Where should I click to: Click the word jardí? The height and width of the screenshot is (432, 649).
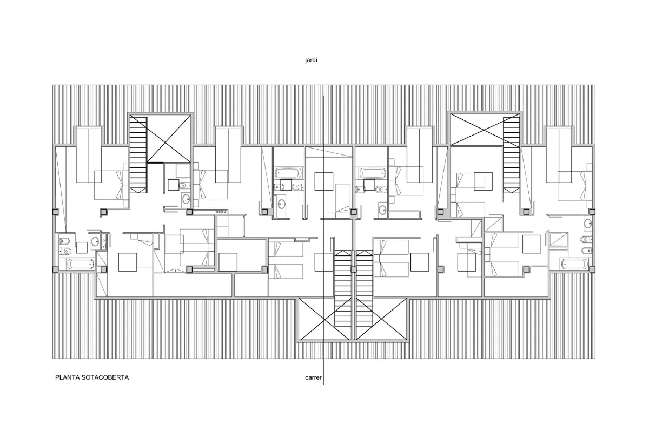pos(311,60)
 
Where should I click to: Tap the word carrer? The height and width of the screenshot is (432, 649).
pos(313,377)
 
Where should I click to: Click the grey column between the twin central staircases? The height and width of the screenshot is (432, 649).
pos(354,269)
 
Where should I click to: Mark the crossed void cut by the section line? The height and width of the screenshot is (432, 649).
pos(325,319)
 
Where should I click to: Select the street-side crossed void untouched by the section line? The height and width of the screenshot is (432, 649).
pos(381,319)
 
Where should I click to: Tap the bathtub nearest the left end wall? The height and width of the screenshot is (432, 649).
pos(81,264)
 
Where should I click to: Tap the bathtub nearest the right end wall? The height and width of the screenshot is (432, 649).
pos(575,264)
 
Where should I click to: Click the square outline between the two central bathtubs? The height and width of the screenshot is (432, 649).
pos(324,181)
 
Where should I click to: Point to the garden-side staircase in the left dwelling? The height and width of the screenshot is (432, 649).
pos(138,154)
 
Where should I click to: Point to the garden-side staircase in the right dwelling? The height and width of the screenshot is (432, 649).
pos(512,154)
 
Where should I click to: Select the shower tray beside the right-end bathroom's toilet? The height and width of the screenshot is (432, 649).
pos(559,241)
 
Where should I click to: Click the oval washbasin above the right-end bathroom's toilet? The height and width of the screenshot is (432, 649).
pos(588,224)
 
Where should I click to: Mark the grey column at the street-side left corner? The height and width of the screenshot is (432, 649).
pos(55,269)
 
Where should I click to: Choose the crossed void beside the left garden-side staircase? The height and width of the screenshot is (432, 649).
pos(169,138)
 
